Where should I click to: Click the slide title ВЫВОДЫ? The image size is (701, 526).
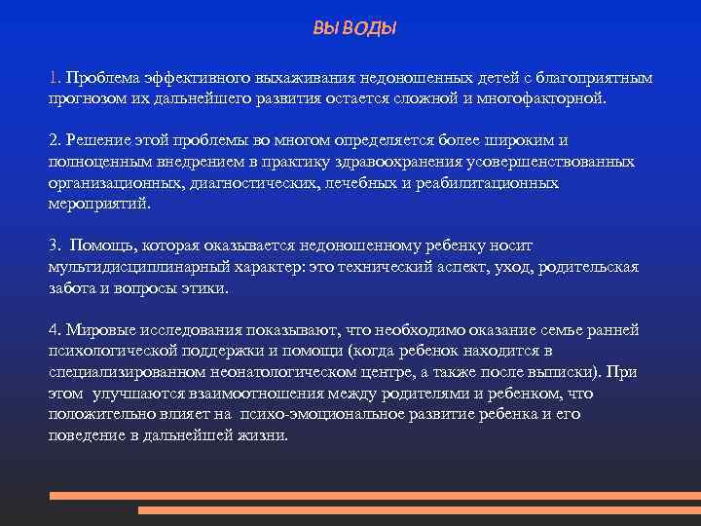pos(354,29)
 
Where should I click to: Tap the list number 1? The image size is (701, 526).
pos(55,76)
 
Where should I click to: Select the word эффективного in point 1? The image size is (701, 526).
pos(189,76)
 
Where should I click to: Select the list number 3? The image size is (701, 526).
pos(55,245)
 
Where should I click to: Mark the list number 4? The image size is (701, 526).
pos(55,329)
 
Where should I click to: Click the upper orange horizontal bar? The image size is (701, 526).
pos(375,495)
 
